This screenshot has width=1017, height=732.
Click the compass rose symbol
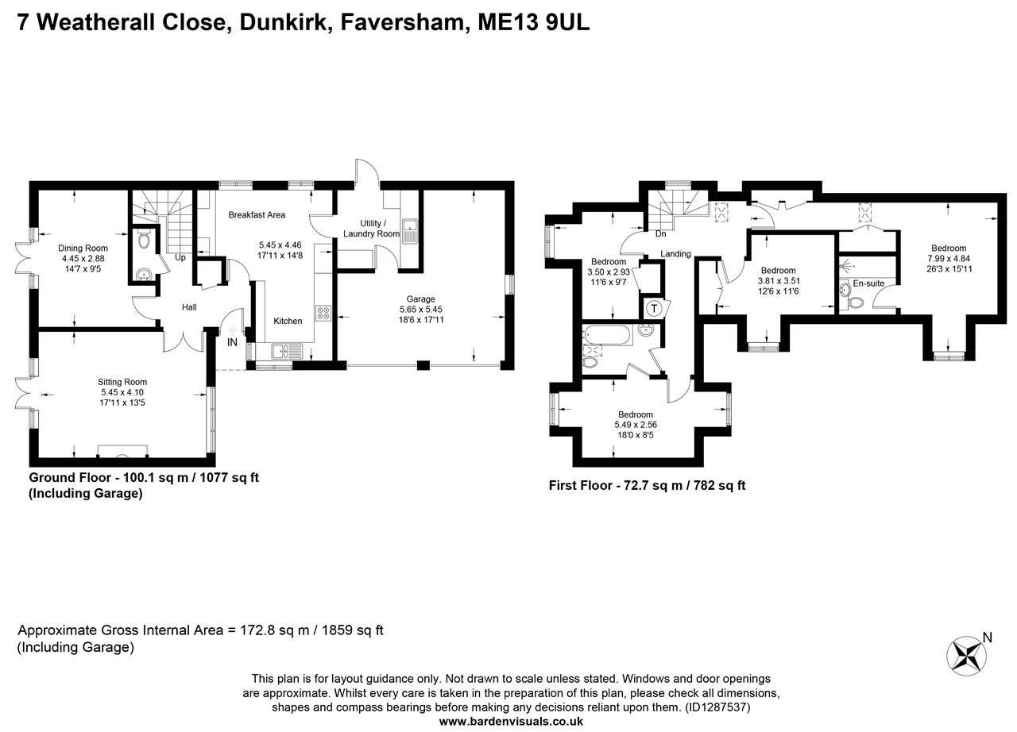pos(965,655)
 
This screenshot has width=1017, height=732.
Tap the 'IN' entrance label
pos(232,342)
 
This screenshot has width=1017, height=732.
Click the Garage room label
pos(420,299)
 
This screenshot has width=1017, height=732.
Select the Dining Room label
pos(83,248)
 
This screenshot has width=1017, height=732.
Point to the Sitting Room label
pos(122,382)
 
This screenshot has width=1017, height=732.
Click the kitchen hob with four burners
pos(323,313)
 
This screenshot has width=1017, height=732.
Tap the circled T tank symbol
pos(654,309)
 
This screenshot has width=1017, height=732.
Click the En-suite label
pos(868,283)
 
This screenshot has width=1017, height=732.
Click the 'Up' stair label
pos(180,258)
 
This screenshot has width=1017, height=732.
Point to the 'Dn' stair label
pos(660,234)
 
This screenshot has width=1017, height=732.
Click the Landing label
pos(675,254)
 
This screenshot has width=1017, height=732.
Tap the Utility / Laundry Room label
pos(371,229)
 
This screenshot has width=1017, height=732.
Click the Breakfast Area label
pos(257,215)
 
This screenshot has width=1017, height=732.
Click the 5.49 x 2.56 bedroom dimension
pos(636,425)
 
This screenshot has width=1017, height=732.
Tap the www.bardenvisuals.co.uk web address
pos(511,721)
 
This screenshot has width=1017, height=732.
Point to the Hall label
pos(189,307)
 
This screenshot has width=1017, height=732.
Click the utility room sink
pos(411,231)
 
